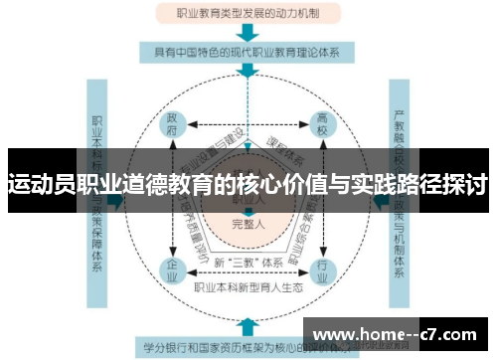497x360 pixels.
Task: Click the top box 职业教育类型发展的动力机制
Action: (248, 14)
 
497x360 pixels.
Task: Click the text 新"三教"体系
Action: (248, 261)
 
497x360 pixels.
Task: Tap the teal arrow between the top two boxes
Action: (248, 32)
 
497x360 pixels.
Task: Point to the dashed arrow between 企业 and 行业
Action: (248, 271)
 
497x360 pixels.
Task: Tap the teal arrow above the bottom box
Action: (248, 326)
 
